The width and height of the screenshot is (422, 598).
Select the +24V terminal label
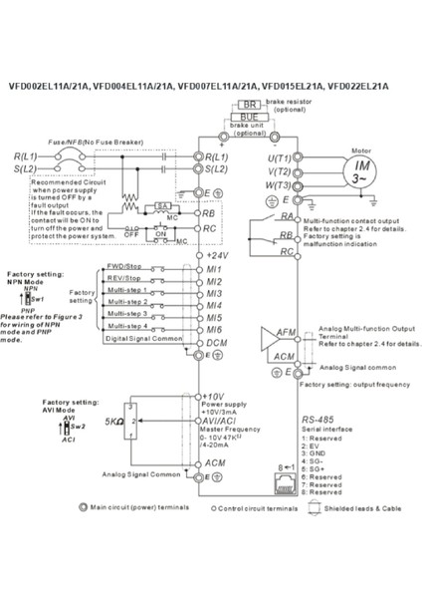pyautogui.click(x=218, y=255)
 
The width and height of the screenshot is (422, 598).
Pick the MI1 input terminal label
pyautogui.click(x=212, y=269)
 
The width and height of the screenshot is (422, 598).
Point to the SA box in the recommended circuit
pyautogui.click(x=161, y=204)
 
